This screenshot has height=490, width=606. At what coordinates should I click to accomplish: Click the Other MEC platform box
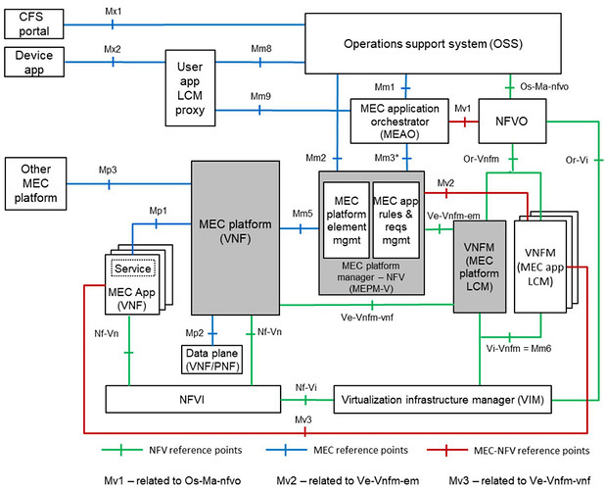33,183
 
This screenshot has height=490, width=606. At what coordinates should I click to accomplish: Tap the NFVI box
192,400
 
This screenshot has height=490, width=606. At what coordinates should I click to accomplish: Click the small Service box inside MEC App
133,269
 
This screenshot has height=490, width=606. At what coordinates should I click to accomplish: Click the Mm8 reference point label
261,48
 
